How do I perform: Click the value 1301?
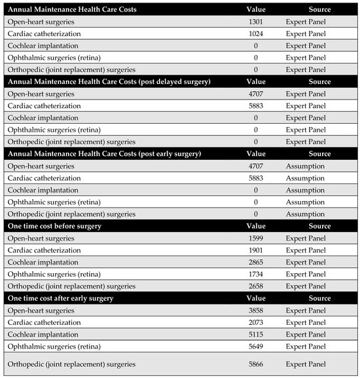pos(256,22)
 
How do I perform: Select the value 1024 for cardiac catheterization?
pos(256,33)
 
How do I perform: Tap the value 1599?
pos(256,238)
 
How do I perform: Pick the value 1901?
pos(256,250)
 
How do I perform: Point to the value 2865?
pos(256,262)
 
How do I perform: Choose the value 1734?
pos(256,274)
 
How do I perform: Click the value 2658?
pos(256,286)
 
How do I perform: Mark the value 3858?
pos(256,310)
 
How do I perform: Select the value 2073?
pos(256,322)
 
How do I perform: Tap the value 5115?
pos(256,333)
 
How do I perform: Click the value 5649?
pos(256,346)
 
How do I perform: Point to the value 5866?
pos(256,364)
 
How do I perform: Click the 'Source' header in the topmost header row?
pos(320,10)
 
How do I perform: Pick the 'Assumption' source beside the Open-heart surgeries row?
pos(305,166)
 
